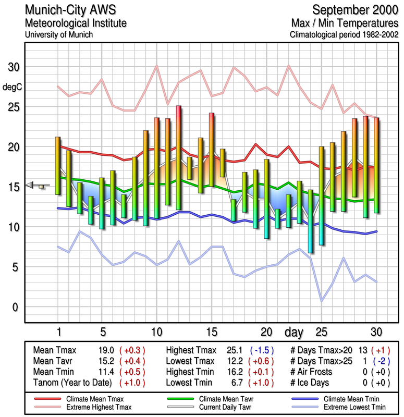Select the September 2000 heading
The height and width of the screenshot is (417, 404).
click(355, 10)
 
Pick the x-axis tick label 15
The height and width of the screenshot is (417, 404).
click(211, 332)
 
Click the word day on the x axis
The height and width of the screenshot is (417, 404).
click(296, 332)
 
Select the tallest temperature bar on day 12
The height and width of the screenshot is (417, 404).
click(178, 158)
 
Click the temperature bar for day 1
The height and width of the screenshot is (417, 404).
click(58, 166)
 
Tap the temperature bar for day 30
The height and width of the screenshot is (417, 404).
click(376, 165)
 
